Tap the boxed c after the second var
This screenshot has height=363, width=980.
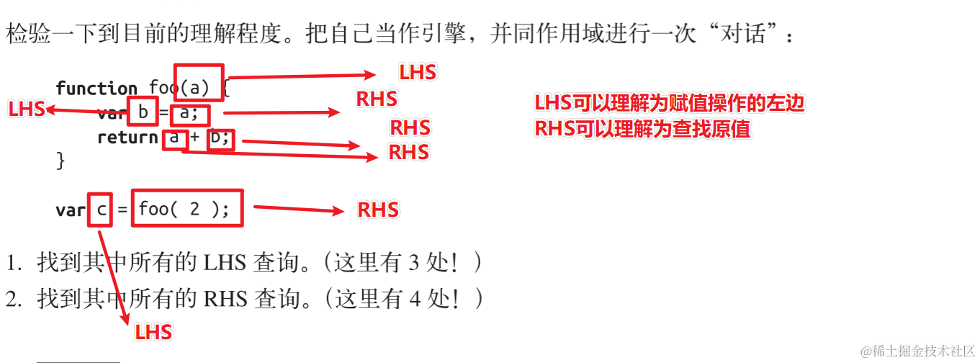101,210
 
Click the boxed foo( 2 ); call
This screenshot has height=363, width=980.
186,208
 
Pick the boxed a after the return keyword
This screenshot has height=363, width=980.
174,138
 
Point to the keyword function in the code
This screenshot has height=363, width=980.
96,89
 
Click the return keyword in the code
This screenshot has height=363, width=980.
127,138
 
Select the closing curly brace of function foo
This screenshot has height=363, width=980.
60,160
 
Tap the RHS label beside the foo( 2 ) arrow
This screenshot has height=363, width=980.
378,210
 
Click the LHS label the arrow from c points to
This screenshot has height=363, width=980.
154,332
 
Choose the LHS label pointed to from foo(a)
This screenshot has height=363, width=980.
418,72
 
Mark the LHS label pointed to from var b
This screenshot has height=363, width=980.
27,109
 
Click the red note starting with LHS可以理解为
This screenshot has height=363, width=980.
669,103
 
